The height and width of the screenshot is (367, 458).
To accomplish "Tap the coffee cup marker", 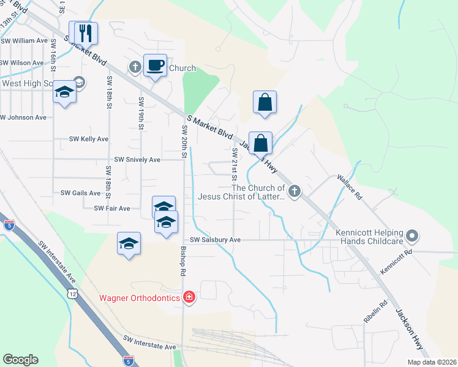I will pos(155,65).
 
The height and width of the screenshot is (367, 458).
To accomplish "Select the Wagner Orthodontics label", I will pos(140,298).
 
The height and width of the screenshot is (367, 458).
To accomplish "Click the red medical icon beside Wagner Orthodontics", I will pos(189,297).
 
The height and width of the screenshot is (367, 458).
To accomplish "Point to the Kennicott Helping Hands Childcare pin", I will pos(413,235).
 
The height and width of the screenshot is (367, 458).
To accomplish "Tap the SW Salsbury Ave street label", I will pos(215,240).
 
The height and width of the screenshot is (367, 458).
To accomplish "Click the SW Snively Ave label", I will pos(137,160).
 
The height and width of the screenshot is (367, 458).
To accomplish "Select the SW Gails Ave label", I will pos(80,193).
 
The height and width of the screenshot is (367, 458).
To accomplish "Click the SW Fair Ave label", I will pos(112,209).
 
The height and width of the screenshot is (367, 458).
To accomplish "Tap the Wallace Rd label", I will pos(349,188).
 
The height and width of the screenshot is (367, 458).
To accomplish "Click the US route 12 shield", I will pos(73,294).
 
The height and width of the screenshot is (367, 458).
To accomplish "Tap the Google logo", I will pos(20,360).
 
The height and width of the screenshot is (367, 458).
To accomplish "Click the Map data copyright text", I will pos(432,362).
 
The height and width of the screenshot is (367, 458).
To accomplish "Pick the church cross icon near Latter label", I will pos(295,192).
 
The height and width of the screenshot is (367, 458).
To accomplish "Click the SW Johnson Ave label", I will pos(23,117).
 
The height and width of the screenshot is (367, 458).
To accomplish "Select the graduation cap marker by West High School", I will pos(64,92).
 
